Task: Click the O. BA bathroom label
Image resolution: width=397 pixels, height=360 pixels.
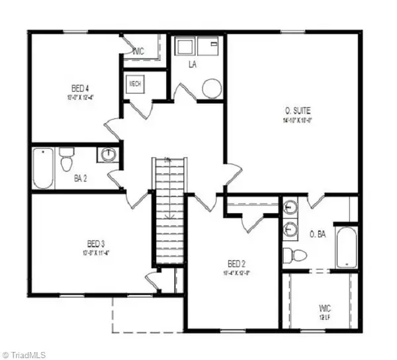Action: tap(319, 234)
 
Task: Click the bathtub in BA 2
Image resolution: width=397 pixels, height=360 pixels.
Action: tap(43, 167)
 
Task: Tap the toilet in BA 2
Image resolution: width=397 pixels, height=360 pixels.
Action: tap(66, 160)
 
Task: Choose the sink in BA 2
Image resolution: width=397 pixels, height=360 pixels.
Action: tap(107, 156)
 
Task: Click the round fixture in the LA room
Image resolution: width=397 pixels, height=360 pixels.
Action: tap(212, 89)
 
